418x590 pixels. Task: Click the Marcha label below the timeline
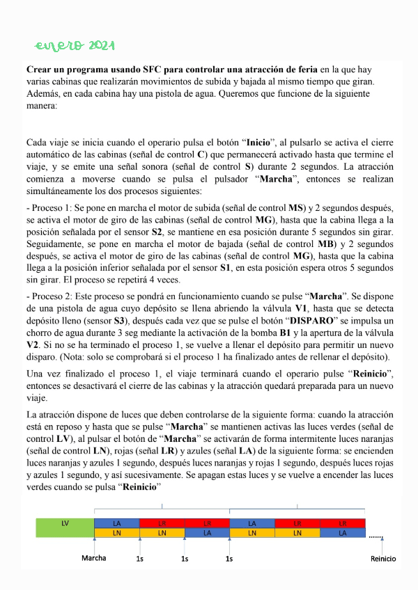pyautogui.click(x=94, y=558)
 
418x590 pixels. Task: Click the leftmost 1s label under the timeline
pyautogui.click(x=140, y=558)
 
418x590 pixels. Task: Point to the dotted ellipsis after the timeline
pyautogui.click(x=376, y=537)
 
